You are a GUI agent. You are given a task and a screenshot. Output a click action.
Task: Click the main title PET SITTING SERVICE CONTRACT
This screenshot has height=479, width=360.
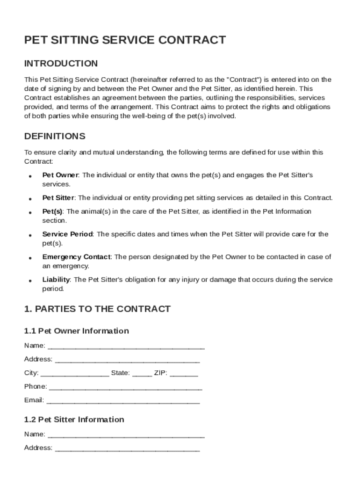tap(125, 40)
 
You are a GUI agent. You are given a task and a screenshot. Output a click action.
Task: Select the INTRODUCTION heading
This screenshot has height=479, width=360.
tap(61, 64)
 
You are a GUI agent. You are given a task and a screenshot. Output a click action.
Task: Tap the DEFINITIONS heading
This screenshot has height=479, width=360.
tap(55, 137)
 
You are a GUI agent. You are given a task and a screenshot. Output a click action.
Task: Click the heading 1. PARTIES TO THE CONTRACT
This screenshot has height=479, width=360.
tap(97, 309)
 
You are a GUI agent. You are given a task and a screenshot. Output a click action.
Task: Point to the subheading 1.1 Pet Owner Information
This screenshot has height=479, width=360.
tap(76, 331)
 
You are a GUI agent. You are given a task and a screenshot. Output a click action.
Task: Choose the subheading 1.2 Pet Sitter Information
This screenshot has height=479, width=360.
tap(74, 420)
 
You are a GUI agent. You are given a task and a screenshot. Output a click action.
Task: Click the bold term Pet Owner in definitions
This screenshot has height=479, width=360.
tap(60, 175)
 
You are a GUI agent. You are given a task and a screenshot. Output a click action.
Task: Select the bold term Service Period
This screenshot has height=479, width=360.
tap(67, 234)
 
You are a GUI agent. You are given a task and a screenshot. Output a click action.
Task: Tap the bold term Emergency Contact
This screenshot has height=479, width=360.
tap(76, 257)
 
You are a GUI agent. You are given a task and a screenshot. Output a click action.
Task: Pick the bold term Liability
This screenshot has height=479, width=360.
tap(56, 280)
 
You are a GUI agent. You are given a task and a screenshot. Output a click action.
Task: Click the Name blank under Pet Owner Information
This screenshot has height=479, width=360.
tap(126, 347)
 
